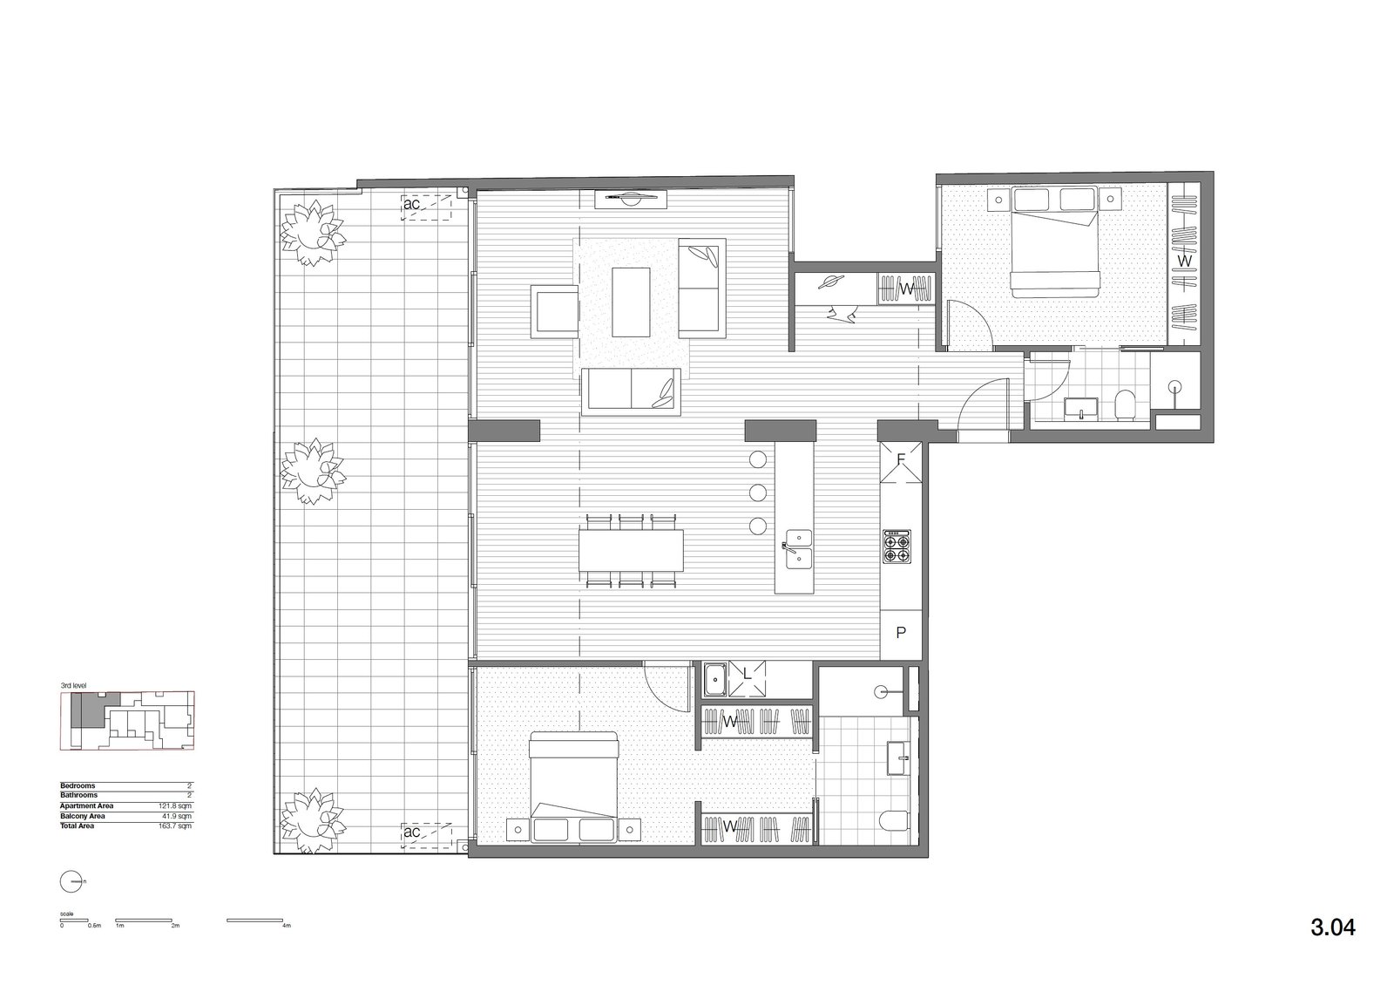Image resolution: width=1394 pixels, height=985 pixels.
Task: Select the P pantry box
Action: click(x=901, y=634)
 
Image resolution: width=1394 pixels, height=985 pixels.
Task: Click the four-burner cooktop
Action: click(x=897, y=546)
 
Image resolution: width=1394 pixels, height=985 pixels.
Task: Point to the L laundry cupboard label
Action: click(x=747, y=674)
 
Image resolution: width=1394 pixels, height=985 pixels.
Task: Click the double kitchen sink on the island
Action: click(x=798, y=548)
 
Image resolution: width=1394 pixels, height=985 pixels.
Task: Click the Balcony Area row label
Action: click(x=83, y=816)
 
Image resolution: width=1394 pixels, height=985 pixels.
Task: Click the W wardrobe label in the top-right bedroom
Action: click(x=1183, y=261)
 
